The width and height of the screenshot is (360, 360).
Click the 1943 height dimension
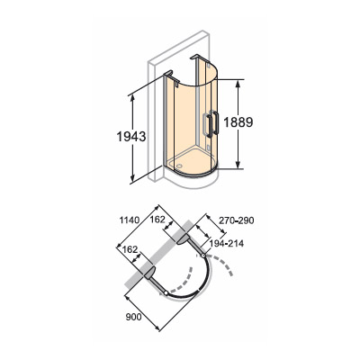[131, 137]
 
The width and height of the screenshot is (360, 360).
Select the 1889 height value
[238, 122]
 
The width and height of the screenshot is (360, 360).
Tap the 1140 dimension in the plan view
[130, 220]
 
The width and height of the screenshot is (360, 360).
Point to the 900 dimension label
[134, 317]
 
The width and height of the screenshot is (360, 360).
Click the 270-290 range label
[237, 220]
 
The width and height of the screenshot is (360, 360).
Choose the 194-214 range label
[227, 244]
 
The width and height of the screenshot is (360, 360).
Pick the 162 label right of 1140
[157, 220]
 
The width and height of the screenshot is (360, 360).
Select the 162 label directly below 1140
[130, 249]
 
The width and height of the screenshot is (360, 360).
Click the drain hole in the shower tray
[179, 165]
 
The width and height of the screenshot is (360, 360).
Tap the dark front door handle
[216, 122]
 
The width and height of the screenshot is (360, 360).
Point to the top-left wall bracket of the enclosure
[171, 76]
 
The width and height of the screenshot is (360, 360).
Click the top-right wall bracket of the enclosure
[200, 59]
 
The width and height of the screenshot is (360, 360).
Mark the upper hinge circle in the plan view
[203, 256]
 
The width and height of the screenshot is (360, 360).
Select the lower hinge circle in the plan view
[166, 292]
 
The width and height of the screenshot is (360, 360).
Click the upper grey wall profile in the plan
[183, 239]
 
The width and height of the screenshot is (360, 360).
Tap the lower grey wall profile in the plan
[148, 272]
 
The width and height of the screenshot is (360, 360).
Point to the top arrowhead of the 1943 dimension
[131, 99]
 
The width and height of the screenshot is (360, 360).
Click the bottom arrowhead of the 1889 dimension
[238, 165]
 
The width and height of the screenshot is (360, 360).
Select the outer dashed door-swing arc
[223, 263]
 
